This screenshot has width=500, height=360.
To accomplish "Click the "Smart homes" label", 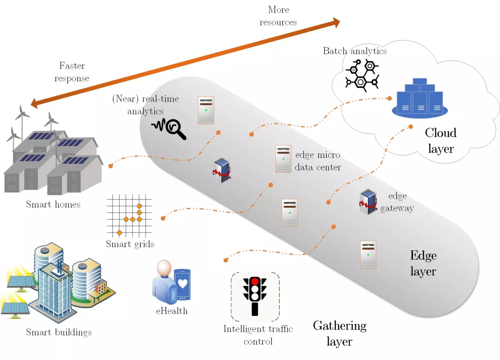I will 53,204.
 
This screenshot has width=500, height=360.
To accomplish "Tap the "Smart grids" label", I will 130,244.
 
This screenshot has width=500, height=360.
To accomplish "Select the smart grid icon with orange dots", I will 130,215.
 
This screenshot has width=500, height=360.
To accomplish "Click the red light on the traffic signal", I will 255,281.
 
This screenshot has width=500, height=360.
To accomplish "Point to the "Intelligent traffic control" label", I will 258,335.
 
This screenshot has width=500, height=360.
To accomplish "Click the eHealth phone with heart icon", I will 182,285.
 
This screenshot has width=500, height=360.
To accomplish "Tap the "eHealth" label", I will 172,311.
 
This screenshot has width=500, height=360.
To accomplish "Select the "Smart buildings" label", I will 59,332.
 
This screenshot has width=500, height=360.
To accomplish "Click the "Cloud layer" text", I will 440,140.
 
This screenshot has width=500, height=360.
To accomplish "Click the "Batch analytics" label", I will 355,51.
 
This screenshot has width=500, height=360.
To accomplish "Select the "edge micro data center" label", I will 317,161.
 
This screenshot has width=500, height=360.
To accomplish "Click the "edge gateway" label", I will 397,202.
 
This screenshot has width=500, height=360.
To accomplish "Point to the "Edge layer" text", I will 423,263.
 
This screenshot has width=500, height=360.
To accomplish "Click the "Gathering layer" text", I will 340,333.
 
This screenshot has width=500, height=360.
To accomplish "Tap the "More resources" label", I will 278,15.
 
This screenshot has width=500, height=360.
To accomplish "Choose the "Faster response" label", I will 72,72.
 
